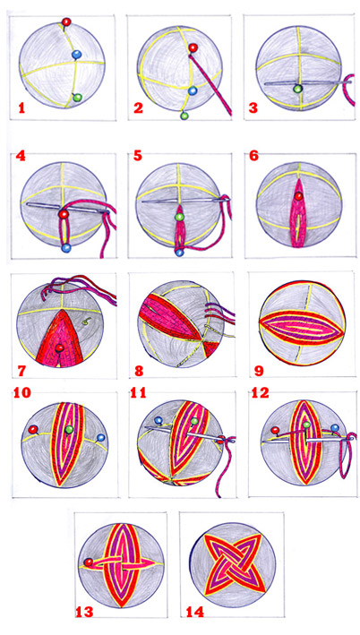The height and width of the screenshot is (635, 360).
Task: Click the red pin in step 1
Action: click(x=65, y=21)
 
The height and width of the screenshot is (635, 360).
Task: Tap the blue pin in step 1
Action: click(x=76, y=55)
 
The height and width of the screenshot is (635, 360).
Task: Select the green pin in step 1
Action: click(x=78, y=98)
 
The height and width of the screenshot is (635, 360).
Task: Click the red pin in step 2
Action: click(x=193, y=47)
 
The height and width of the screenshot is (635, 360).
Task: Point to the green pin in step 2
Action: click(x=184, y=116)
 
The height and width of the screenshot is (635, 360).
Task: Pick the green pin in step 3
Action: click(x=298, y=89)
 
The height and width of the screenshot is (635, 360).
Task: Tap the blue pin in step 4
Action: click(x=66, y=248)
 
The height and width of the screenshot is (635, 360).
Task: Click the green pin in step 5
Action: click(x=179, y=217)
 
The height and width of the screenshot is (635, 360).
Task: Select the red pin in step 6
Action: click(x=298, y=196)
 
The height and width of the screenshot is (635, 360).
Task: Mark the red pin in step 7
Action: click(x=60, y=348)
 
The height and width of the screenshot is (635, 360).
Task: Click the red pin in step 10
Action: click(x=33, y=429)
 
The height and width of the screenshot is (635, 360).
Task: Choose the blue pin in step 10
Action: click(x=101, y=437)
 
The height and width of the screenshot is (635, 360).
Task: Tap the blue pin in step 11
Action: click(x=159, y=421)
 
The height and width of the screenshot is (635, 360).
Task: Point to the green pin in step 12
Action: click(x=306, y=425)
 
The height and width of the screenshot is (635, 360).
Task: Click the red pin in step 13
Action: click(x=88, y=562)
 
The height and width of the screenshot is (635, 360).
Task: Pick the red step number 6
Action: click(x=254, y=157)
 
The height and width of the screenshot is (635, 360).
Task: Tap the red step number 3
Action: click(x=253, y=108)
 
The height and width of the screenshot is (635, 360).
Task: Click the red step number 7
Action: click(x=19, y=370)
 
